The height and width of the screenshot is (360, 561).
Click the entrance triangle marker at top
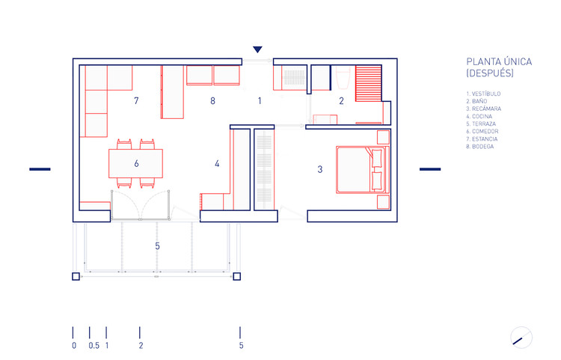(257, 49)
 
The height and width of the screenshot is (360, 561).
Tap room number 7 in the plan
(136, 100)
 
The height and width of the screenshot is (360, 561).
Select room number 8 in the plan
(212, 100)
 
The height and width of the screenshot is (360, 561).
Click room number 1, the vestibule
(260, 100)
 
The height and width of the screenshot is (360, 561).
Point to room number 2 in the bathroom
(341, 101)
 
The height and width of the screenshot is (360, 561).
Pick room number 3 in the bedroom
(319, 170)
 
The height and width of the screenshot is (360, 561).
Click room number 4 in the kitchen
(217, 163)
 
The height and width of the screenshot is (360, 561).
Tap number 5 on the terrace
(157, 245)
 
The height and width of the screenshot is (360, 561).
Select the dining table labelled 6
(136, 162)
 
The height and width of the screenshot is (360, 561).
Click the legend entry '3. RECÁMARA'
(483, 109)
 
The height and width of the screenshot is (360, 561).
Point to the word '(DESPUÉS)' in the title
(490, 74)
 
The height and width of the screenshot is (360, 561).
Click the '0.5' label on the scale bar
(93, 346)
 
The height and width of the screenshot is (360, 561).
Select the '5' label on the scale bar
(241, 346)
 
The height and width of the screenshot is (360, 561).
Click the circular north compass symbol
(521, 338)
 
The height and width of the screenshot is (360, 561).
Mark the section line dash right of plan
(430, 169)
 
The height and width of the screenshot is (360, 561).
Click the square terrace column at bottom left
(76, 277)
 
